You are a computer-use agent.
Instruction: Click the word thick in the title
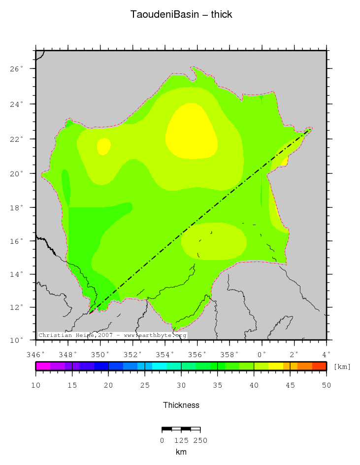coord(222,14)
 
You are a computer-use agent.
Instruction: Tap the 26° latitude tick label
coord(17,69)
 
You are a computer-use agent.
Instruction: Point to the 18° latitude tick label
coord(17,207)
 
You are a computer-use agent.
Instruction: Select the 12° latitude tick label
coord(17,307)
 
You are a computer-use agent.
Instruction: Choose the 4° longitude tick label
coord(327,354)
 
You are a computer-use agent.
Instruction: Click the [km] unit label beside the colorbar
coord(342,366)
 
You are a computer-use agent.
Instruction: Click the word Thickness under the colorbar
coord(181,405)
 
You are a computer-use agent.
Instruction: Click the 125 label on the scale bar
coord(181,440)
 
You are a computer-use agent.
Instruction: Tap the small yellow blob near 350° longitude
coord(103,146)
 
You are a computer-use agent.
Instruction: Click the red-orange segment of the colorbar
coord(319,366)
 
